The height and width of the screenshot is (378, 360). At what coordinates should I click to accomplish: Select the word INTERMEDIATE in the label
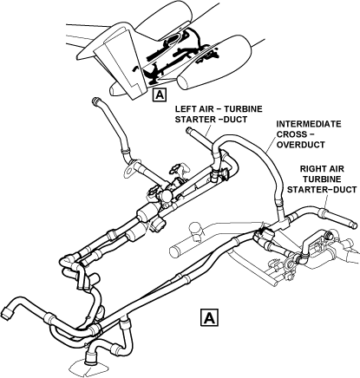click(309, 124)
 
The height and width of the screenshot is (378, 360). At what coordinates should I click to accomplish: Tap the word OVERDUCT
click(301, 145)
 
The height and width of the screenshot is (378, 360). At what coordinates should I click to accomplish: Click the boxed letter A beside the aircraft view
click(160, 95)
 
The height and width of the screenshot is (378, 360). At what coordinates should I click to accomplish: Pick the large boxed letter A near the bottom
click(209, 317)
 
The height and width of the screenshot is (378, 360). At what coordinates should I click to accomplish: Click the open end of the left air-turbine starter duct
click(188, 130)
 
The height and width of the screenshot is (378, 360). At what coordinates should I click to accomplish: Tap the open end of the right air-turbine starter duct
click(354, 225)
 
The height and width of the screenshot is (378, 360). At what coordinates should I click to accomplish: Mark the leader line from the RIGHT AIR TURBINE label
click(326, 201)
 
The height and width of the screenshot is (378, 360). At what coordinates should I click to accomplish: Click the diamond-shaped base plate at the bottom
click(88, 368)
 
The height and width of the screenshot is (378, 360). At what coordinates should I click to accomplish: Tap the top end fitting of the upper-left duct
click(95, 101)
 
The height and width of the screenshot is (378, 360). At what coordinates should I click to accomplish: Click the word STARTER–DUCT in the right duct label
click(322, 190)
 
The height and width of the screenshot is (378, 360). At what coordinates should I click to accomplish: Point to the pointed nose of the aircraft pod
click(112, 90)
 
